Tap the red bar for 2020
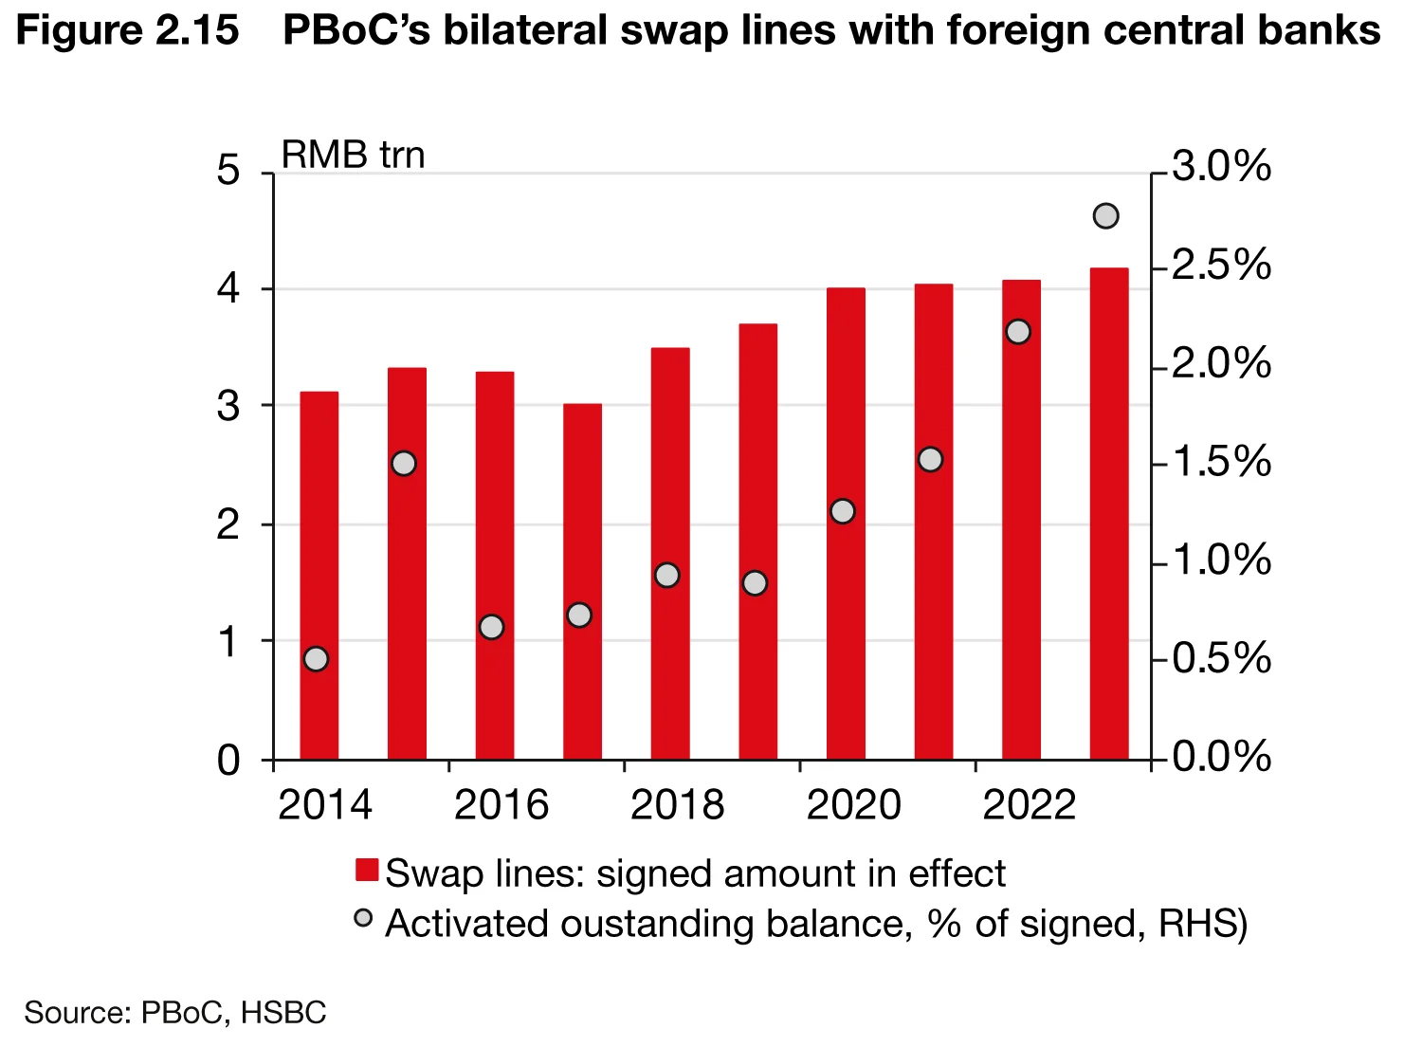pos(846,523)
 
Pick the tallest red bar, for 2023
pos(1109,513)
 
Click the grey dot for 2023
pos(1106,216)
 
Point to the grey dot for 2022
pos(1018,331)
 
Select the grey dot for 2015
pos(404,464)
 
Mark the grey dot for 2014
pos(317,659)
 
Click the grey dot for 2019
pos(755,583)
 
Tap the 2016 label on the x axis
pos(501,805)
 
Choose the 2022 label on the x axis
pos(1030,805)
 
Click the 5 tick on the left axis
pos(228,172)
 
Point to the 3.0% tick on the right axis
pos(1221,167)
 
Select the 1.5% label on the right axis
pos(1221,462)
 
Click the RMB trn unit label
pos(353,155)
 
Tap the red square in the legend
pos(367,871)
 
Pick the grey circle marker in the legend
pos(363,917)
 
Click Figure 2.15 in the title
pos(128,30)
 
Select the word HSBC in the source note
pos(283,1013)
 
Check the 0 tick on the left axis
pos(228,761)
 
